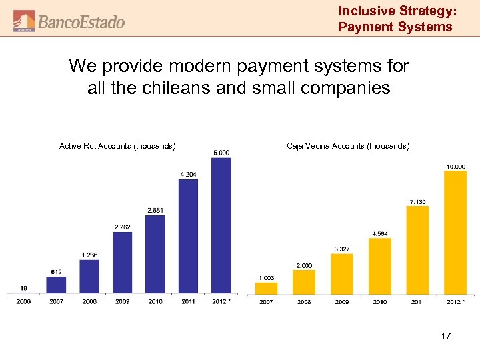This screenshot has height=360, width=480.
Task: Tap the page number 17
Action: [x=445, y=336]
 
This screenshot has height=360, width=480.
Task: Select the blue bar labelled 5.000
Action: [x=221, y=225]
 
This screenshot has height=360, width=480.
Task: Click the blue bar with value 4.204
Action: [x=188, y=237]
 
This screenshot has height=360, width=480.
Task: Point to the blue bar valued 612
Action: [x=56, y=285]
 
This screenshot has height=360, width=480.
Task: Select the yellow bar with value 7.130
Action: [x=417, y=250]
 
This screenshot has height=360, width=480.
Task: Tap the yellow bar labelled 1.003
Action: [x=267, y=288]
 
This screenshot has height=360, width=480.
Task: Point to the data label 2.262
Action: [x=122, y=227]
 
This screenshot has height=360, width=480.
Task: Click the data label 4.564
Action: [x=380, y=233]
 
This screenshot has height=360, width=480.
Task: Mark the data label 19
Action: [x=23, y=288]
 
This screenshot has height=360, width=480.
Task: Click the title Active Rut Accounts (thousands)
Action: [x=117, y=145]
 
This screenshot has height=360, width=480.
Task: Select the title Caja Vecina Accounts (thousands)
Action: [x=348, y=145]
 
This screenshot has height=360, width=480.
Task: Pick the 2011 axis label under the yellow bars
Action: [x=417, y=302]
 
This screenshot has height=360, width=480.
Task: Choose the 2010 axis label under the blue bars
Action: [x=155, y=301]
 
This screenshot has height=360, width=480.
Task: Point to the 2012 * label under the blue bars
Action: [x=221, y=301]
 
